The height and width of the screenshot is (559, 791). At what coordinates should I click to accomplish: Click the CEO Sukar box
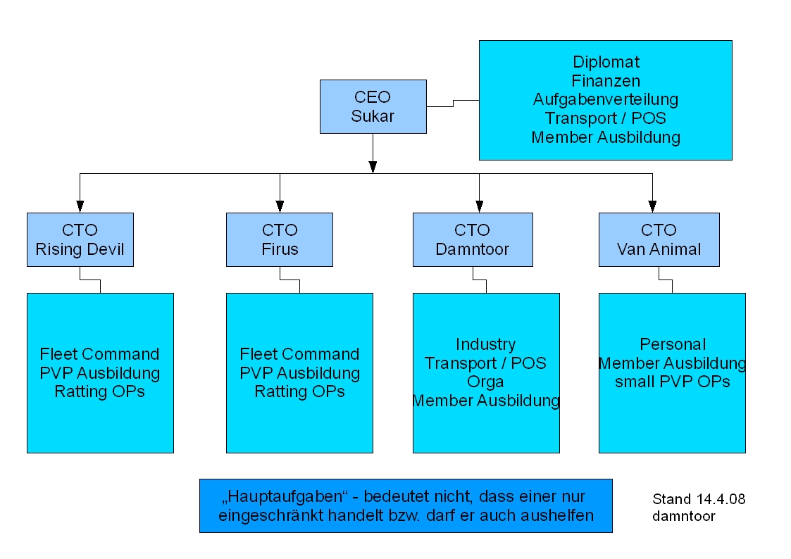[x=373, y=106]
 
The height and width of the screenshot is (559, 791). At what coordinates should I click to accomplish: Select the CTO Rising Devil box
[x=80, y=239]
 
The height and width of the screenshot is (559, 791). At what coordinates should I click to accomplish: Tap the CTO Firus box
[x=280, y=239]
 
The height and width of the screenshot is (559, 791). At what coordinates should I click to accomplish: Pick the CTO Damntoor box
[x=473, y=239]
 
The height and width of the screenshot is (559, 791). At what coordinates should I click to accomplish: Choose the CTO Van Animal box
[x=659, y=239]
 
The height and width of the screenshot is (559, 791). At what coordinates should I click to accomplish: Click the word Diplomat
[x=606, y=63]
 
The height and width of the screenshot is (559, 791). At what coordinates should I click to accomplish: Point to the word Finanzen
[x=606, y=82]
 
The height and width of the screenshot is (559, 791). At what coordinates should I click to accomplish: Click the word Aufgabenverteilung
[x=606, y=100]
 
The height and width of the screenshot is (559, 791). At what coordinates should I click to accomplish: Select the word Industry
[x=485, y=344]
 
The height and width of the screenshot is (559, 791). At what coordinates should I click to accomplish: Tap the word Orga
[x=485, y=382]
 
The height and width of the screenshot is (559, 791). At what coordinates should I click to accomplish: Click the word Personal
[x=672, y=344]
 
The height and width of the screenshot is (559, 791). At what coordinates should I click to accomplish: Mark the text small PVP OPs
[x=672, y=382]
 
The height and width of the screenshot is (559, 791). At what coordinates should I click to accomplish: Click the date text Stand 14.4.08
[x=699, y=499]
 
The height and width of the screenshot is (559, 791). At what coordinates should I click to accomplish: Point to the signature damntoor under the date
[x=684, y=516]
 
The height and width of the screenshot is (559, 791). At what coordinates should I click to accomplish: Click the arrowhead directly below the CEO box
[x=373, y=167]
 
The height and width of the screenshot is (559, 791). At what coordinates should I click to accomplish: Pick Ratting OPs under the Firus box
[x=299, y=391]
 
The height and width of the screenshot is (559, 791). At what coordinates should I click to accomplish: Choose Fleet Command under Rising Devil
[x=99, y=354]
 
